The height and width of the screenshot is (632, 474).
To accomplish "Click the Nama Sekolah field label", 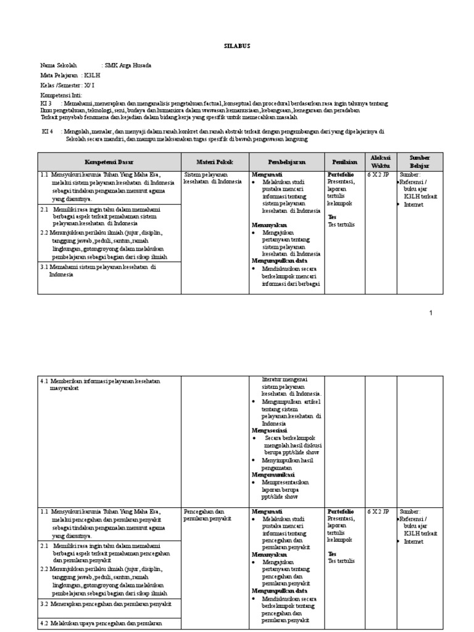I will click(59, 65).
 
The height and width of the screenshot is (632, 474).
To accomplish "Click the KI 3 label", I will click(47, 104).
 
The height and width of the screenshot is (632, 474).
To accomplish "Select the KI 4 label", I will click(48, 131).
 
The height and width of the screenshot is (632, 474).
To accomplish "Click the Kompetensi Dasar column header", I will click(109, 162).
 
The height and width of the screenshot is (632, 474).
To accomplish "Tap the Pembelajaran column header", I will click(286, 162).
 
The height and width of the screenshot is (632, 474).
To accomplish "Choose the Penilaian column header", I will click(343, 162).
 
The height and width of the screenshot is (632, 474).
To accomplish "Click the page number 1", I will click(431, 314).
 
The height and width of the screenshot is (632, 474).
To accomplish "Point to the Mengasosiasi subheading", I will click(268, 430).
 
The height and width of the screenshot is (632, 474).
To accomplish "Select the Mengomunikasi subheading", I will click(272, 475).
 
